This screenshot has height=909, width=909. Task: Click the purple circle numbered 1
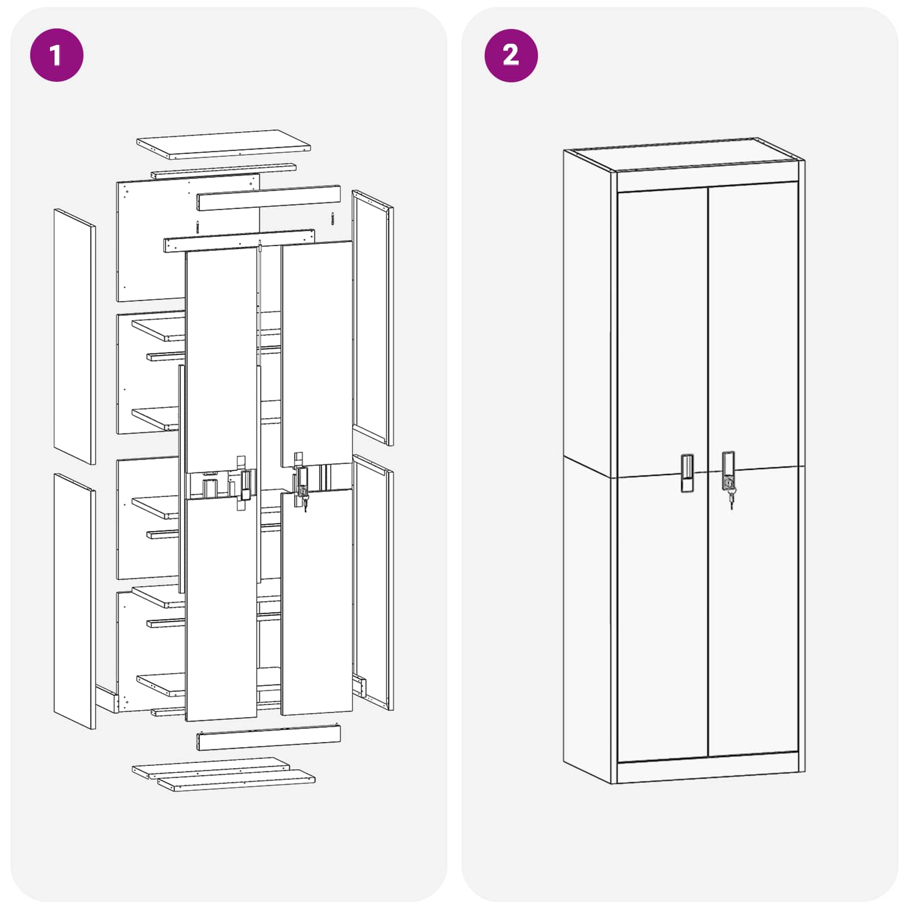pos(56,55)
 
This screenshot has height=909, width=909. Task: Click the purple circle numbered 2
pos(511,55)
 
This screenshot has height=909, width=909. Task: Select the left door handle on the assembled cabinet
pos(687,473)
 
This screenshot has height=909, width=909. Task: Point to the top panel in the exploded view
pos(223,144)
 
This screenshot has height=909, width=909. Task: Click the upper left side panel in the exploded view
pos(74,336)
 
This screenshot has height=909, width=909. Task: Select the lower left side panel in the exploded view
pos(74,601)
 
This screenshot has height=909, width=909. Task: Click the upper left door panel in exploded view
pos(221,358)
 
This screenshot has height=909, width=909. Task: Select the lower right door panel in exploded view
pos(317,602)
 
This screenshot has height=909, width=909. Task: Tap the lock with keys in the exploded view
pos(303,489)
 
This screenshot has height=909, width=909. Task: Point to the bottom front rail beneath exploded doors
pos(268,737)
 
